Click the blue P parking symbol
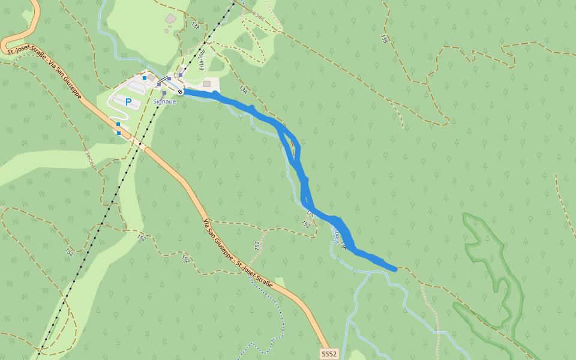128,103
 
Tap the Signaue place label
164,101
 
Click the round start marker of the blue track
180,91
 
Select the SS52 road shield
329,353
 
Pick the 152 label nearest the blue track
306,224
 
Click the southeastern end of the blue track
394,269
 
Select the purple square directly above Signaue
164,93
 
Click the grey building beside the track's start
207,84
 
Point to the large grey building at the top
171,19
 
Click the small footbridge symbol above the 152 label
310,213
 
